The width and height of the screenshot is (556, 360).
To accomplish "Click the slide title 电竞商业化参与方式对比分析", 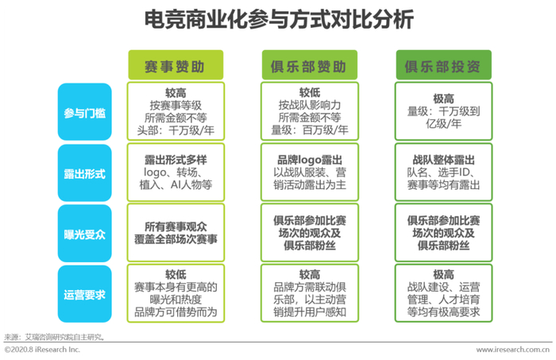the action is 278,19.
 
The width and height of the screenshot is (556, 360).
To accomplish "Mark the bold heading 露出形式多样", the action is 176,158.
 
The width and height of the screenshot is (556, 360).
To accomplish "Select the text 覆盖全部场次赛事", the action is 176,241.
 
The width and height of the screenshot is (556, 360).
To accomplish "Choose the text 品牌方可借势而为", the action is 176,312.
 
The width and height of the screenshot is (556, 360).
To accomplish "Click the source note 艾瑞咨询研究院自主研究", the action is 64,336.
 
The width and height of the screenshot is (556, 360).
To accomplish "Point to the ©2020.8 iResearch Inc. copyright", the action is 42,350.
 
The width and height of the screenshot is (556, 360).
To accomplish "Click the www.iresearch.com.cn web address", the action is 513,350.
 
